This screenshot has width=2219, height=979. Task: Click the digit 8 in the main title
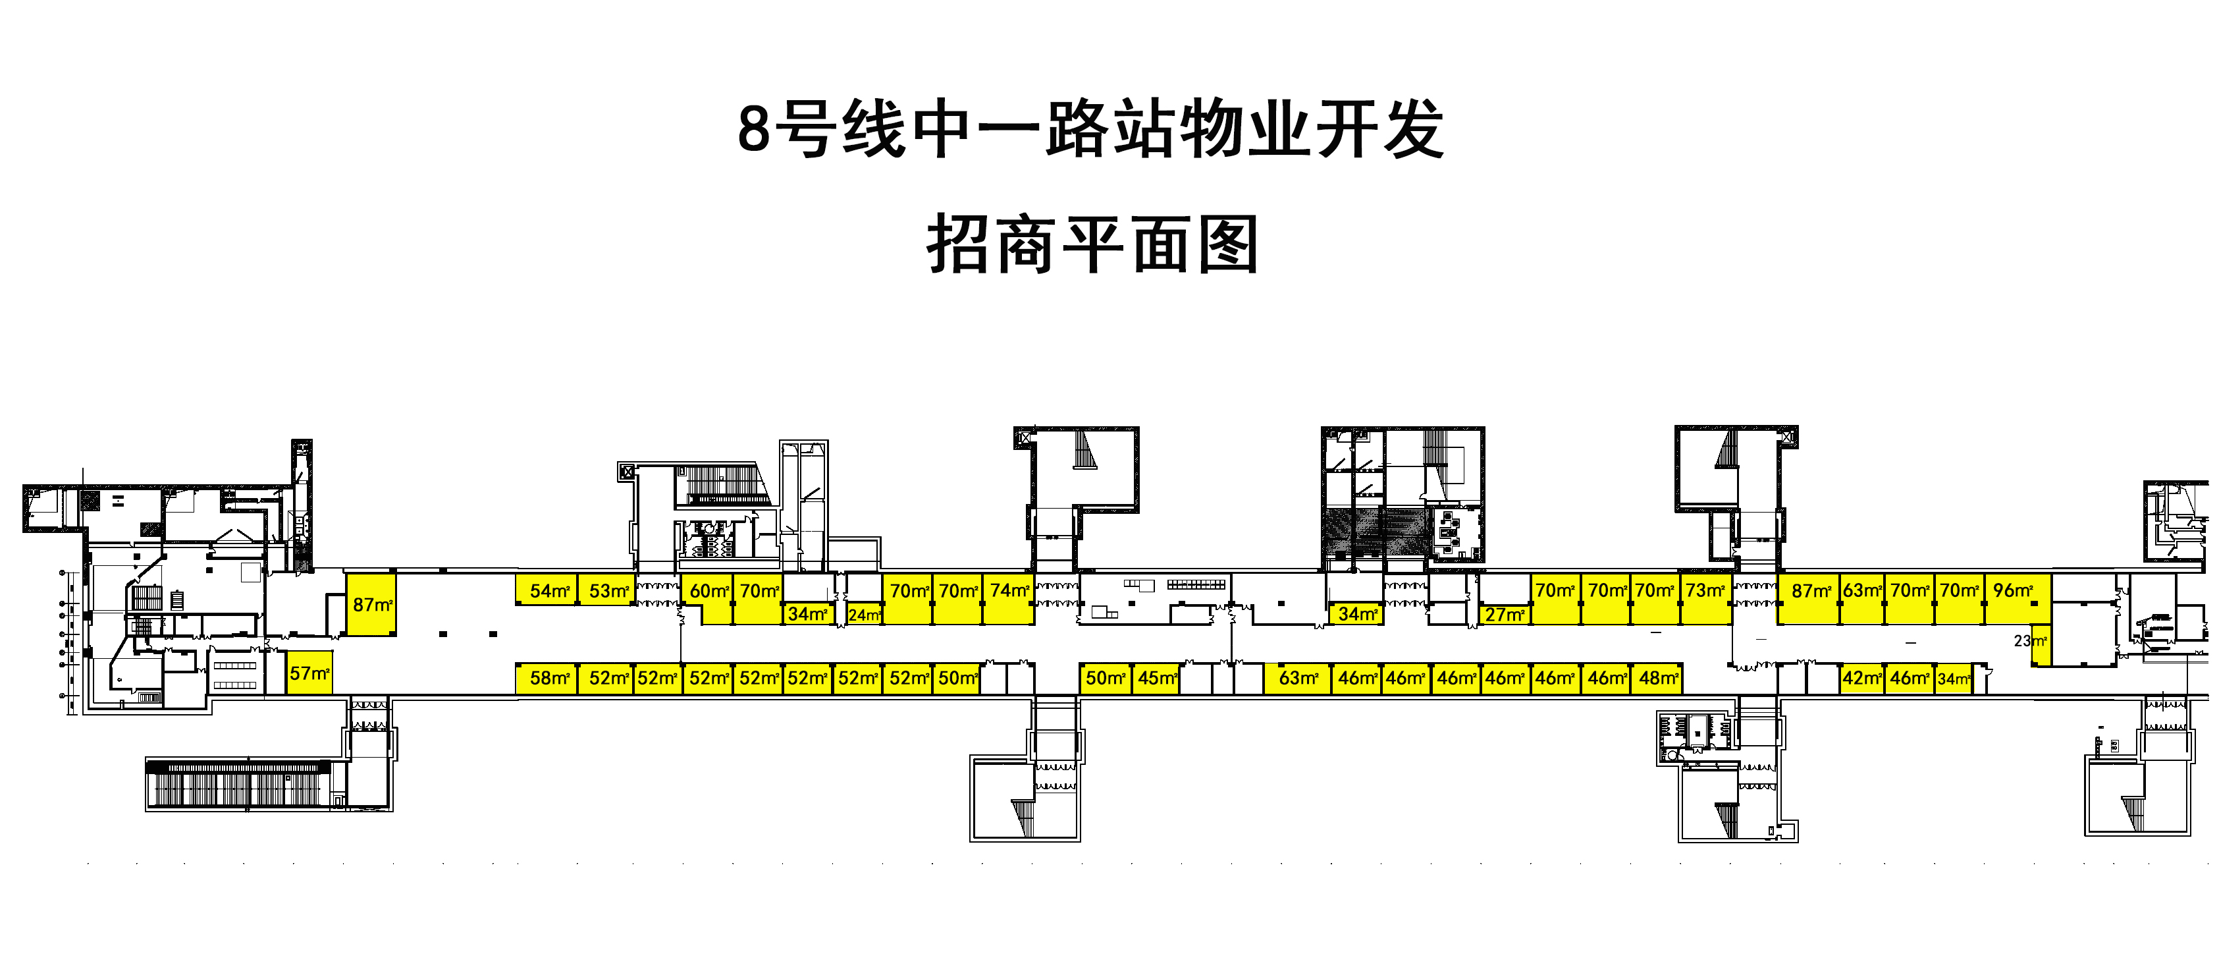pos(754,129)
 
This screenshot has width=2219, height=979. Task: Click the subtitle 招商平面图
pos(1092,245)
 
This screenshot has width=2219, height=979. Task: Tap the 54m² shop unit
pos(547,590)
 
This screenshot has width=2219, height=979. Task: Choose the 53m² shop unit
pos(606,590)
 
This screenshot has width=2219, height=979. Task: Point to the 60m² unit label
pos(710,591)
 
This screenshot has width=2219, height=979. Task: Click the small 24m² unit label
pos(865,615)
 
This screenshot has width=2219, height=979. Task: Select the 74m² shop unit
pos(1009,599)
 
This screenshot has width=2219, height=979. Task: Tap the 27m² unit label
pos(1505,615)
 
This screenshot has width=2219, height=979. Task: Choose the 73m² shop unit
pos(1705,599)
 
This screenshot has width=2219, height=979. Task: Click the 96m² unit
pos(2018,599)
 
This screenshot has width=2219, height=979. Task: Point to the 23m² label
pos(2030,640)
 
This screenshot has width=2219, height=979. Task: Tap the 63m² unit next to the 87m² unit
pos(1861,599)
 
